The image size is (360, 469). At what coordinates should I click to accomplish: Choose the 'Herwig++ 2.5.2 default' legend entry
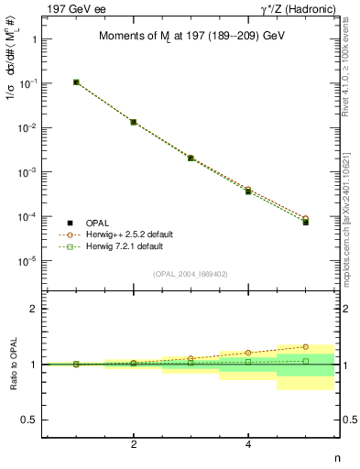130,234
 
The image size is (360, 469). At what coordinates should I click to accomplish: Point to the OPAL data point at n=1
76,82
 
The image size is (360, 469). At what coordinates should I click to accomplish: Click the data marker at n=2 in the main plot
134,122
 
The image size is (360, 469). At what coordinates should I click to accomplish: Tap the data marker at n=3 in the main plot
191,158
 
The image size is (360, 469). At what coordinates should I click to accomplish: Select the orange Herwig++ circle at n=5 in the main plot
306,219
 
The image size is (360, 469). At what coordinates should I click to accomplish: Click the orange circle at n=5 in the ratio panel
306,347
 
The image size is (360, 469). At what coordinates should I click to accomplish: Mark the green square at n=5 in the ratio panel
306,361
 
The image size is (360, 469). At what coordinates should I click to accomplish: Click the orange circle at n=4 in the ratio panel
248,353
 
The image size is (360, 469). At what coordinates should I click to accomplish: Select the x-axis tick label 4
248,444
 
